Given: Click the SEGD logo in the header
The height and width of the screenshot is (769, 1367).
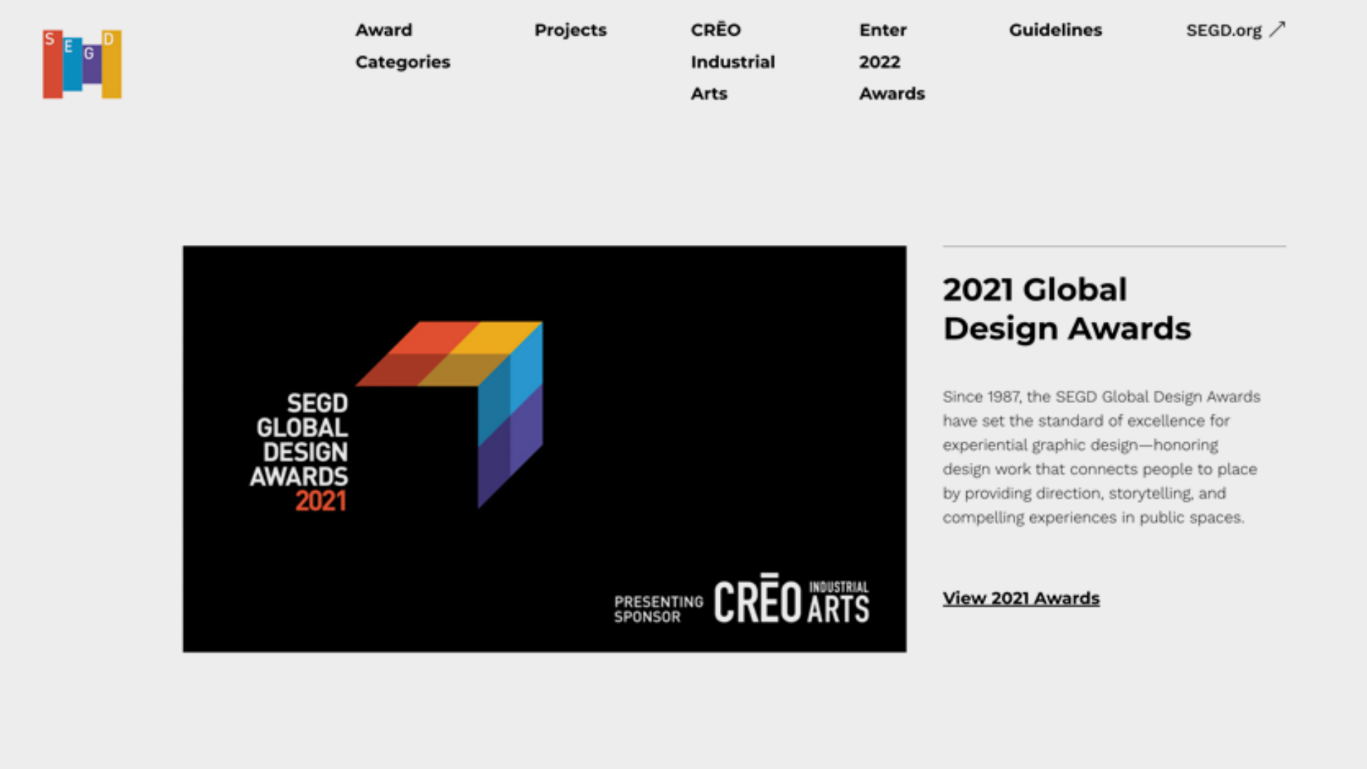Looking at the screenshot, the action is pos(82,64).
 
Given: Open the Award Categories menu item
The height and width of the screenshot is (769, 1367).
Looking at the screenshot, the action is pos(403,46).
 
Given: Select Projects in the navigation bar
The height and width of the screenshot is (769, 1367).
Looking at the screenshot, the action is pos(570,30).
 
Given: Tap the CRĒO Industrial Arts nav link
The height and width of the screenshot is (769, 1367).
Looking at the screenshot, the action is pos(733,62).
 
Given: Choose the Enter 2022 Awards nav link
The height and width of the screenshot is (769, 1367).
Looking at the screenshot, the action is pos(892,62).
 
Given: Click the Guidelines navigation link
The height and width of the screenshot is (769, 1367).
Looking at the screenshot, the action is pos(1055,30).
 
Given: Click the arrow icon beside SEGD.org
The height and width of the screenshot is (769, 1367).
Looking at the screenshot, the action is pos(1277,29).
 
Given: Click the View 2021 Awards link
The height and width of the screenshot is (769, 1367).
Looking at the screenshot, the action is pos(1021,598).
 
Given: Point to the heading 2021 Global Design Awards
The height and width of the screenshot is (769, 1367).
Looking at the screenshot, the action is pos(1067,309).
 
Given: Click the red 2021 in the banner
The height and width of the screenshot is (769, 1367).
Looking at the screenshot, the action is pos(321,501).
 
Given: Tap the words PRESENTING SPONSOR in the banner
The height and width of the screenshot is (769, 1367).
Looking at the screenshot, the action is pos(659,610).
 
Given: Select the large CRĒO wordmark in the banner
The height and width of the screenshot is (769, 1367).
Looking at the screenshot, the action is pos(758,599).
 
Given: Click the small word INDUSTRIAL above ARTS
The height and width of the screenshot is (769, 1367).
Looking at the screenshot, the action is pos(839,587).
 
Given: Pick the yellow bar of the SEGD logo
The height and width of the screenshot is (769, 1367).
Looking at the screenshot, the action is pos(112,64).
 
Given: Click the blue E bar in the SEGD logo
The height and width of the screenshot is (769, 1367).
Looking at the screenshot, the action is pos(73,64).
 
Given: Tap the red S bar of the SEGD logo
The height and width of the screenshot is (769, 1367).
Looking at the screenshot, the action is pos(53,64).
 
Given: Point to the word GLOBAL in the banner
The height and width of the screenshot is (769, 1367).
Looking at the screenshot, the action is pos(303,428).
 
